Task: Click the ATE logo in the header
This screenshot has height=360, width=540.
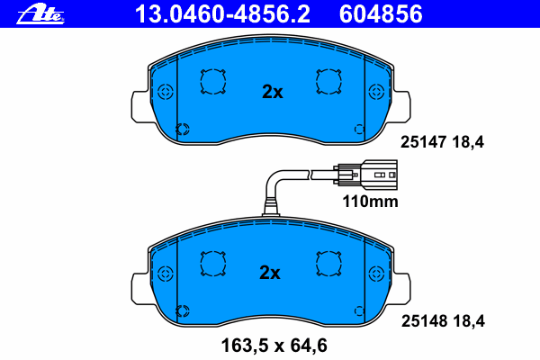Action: coord(40,14)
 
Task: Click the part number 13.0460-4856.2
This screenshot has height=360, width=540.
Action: coord(222,14)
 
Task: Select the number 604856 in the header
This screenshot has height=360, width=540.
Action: coord(381,14)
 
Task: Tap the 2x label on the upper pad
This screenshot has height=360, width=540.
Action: coord(272,92)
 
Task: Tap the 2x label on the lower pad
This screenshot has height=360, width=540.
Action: coord(270,273)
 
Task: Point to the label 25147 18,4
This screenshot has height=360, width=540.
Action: coord(442,142)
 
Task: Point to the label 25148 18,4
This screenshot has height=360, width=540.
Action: coord(443,321)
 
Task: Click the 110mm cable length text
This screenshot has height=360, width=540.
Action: coord(370,202)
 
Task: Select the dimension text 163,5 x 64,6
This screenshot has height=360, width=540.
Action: coord(274,346)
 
